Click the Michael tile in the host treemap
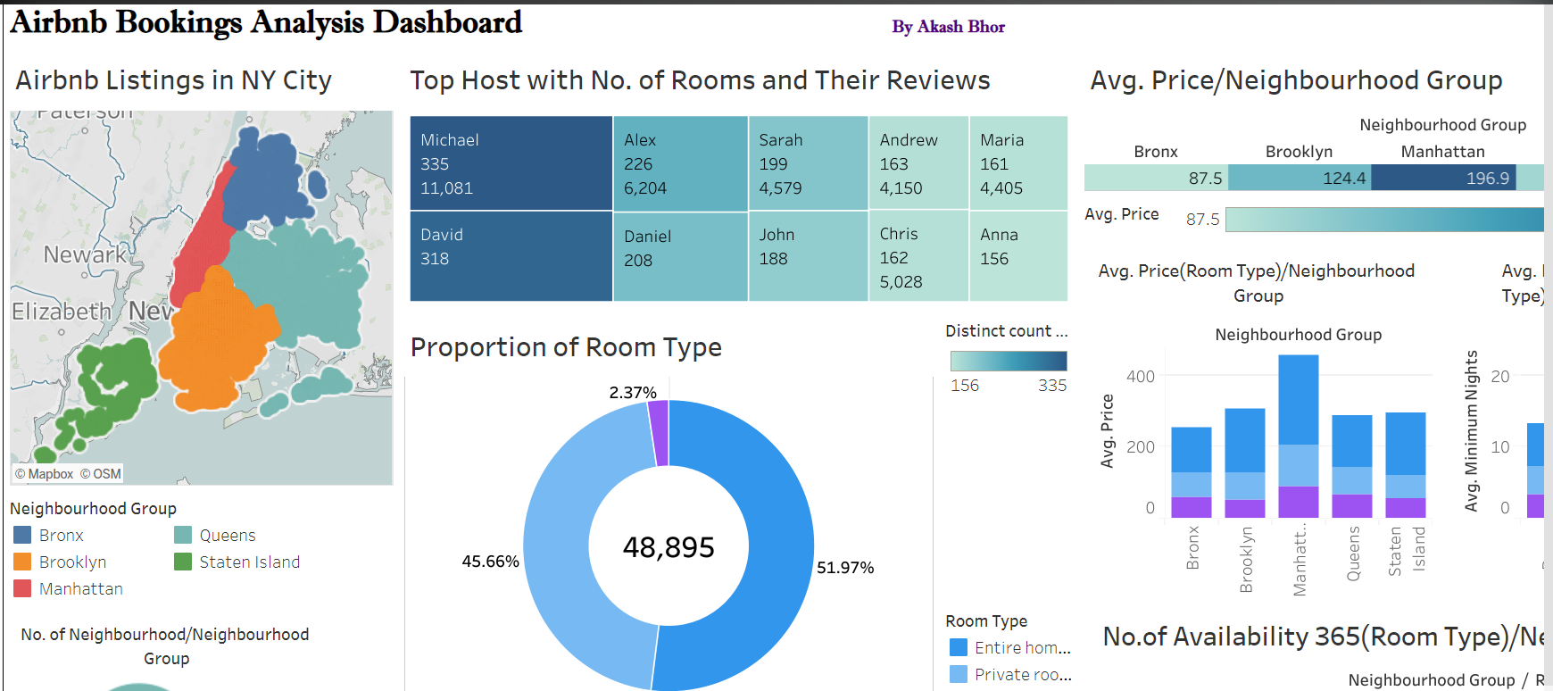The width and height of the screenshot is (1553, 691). tap(511, 163)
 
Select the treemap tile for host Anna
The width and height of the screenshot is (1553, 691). tap(1017, 255)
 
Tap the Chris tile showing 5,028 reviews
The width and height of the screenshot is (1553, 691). tap(918, 257)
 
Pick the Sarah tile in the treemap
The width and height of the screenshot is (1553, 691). tap(808, 163)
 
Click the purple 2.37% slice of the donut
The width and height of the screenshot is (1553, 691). tap(659, 433)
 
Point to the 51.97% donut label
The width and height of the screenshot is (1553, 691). tap(845, 568)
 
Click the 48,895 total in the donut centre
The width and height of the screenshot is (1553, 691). tap(669, 547)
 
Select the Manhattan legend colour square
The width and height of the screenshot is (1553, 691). tap(23, 589)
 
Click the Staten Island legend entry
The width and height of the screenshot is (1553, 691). tap(249, 562)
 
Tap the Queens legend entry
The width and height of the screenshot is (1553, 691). tap(227, 536)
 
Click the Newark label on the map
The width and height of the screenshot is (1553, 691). tap(85, 255)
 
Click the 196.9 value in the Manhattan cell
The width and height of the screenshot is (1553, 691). tap(1487, 179)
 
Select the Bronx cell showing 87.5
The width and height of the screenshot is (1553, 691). tap(1156, 179)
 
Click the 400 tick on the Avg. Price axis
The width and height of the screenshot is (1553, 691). tap(1141, 377)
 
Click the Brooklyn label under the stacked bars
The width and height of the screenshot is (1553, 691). tap(1246, 559)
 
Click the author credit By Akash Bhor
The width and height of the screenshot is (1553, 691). tap(948, 27)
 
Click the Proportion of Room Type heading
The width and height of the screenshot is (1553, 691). tap(566, 347)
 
